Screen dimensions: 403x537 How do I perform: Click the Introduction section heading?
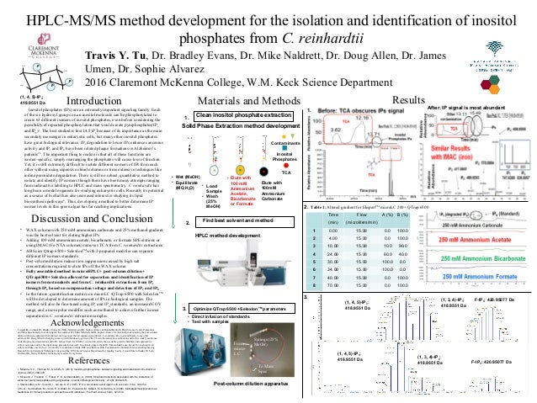tap(88, 100)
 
